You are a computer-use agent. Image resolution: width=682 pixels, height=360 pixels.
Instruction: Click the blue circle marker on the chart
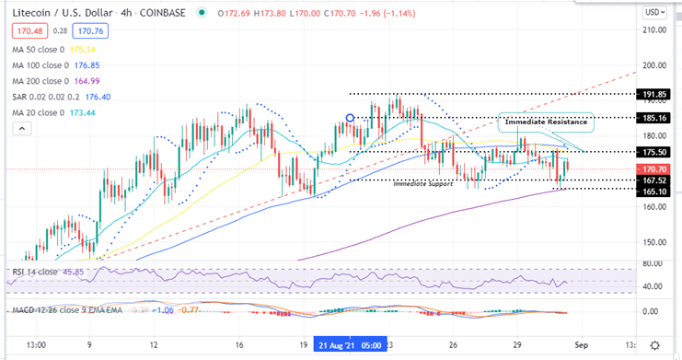(350, 118)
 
